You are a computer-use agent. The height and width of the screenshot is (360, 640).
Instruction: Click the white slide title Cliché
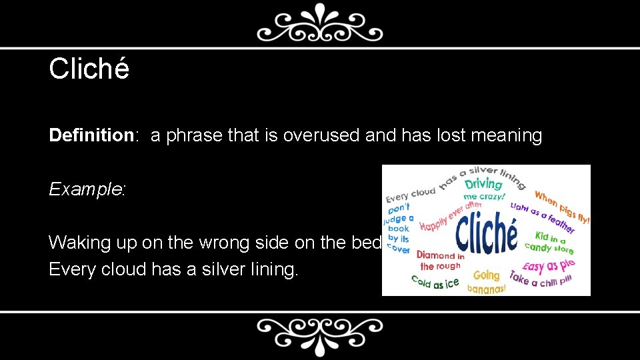89,69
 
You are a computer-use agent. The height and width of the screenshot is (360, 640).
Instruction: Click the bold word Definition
92,136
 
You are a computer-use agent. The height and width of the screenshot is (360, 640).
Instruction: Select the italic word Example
86,189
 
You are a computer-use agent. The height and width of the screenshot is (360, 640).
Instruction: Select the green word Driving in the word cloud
483,183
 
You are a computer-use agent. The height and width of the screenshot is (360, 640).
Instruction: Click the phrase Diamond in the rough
440,261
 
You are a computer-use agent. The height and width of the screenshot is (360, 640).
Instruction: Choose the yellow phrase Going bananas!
486,281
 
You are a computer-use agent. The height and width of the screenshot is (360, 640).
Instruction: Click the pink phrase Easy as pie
548,265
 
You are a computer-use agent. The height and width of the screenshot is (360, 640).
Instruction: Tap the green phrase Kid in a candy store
550,241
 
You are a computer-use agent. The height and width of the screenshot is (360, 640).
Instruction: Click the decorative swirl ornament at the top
320,25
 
